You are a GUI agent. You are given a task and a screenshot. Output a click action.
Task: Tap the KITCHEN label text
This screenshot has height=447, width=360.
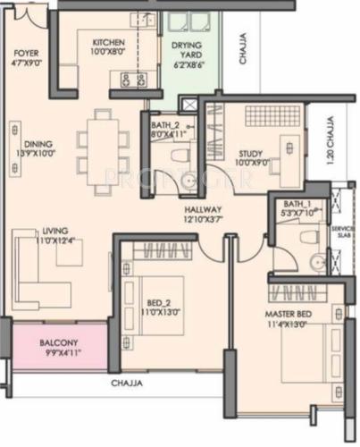[107, 43]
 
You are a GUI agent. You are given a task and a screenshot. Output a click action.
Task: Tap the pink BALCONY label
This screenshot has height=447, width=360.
[60, 342]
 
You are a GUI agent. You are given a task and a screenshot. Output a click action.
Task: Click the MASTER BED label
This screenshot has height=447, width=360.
[289, 315]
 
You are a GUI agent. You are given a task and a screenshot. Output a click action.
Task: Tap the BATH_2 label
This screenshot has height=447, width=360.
[166, 126]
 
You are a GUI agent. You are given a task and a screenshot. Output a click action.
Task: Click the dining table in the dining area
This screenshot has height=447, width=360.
[100, 143]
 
